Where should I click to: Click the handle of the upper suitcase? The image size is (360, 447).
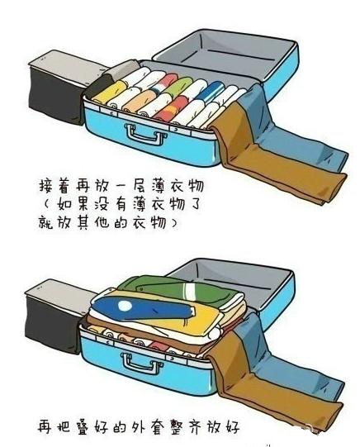(140, 132)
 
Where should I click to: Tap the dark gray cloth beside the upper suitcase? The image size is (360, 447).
(54, 82)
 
